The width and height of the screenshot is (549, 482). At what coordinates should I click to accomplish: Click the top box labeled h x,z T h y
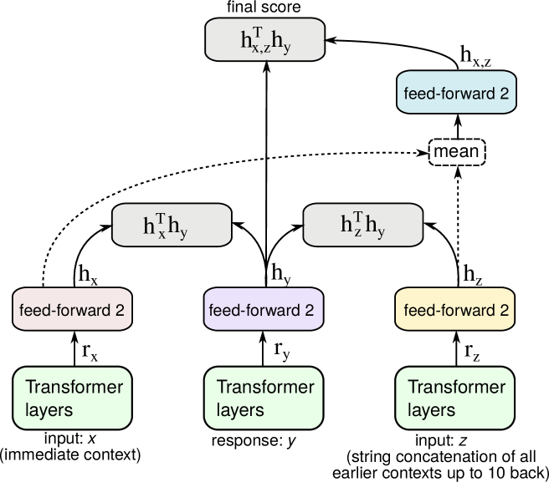(264, 39)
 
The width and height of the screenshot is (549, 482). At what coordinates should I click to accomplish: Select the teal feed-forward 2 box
(456, 93)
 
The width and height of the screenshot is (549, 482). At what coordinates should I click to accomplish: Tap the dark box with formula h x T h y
(172, 225)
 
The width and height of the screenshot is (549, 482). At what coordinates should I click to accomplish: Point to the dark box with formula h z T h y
(362, 225)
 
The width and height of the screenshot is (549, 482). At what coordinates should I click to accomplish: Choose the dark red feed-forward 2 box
(72, 310)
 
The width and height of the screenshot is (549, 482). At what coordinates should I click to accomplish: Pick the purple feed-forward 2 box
(263, 310)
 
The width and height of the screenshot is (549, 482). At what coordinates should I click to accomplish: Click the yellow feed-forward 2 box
(454, 310)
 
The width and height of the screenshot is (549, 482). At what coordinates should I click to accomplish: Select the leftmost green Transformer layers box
(72, 398)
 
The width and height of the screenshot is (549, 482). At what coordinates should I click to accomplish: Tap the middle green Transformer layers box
(263, 398)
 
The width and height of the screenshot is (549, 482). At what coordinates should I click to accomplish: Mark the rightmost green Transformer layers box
(454, 398)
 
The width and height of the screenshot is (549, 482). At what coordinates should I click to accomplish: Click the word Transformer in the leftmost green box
(74, 388)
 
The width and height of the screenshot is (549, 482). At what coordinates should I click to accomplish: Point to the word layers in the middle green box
(240, 410)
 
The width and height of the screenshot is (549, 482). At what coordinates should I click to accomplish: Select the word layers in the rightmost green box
(431, 410)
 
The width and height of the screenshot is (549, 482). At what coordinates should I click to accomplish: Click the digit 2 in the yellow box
(504, 311)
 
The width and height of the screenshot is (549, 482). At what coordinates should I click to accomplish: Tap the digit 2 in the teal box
(504, 94)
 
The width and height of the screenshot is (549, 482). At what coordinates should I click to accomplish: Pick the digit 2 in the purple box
(310, 311)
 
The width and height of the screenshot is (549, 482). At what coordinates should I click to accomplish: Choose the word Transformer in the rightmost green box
(456, 388)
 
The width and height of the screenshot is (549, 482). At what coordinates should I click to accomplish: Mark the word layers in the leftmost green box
(49, 410)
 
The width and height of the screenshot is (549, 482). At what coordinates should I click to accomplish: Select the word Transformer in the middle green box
(265, 388)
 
